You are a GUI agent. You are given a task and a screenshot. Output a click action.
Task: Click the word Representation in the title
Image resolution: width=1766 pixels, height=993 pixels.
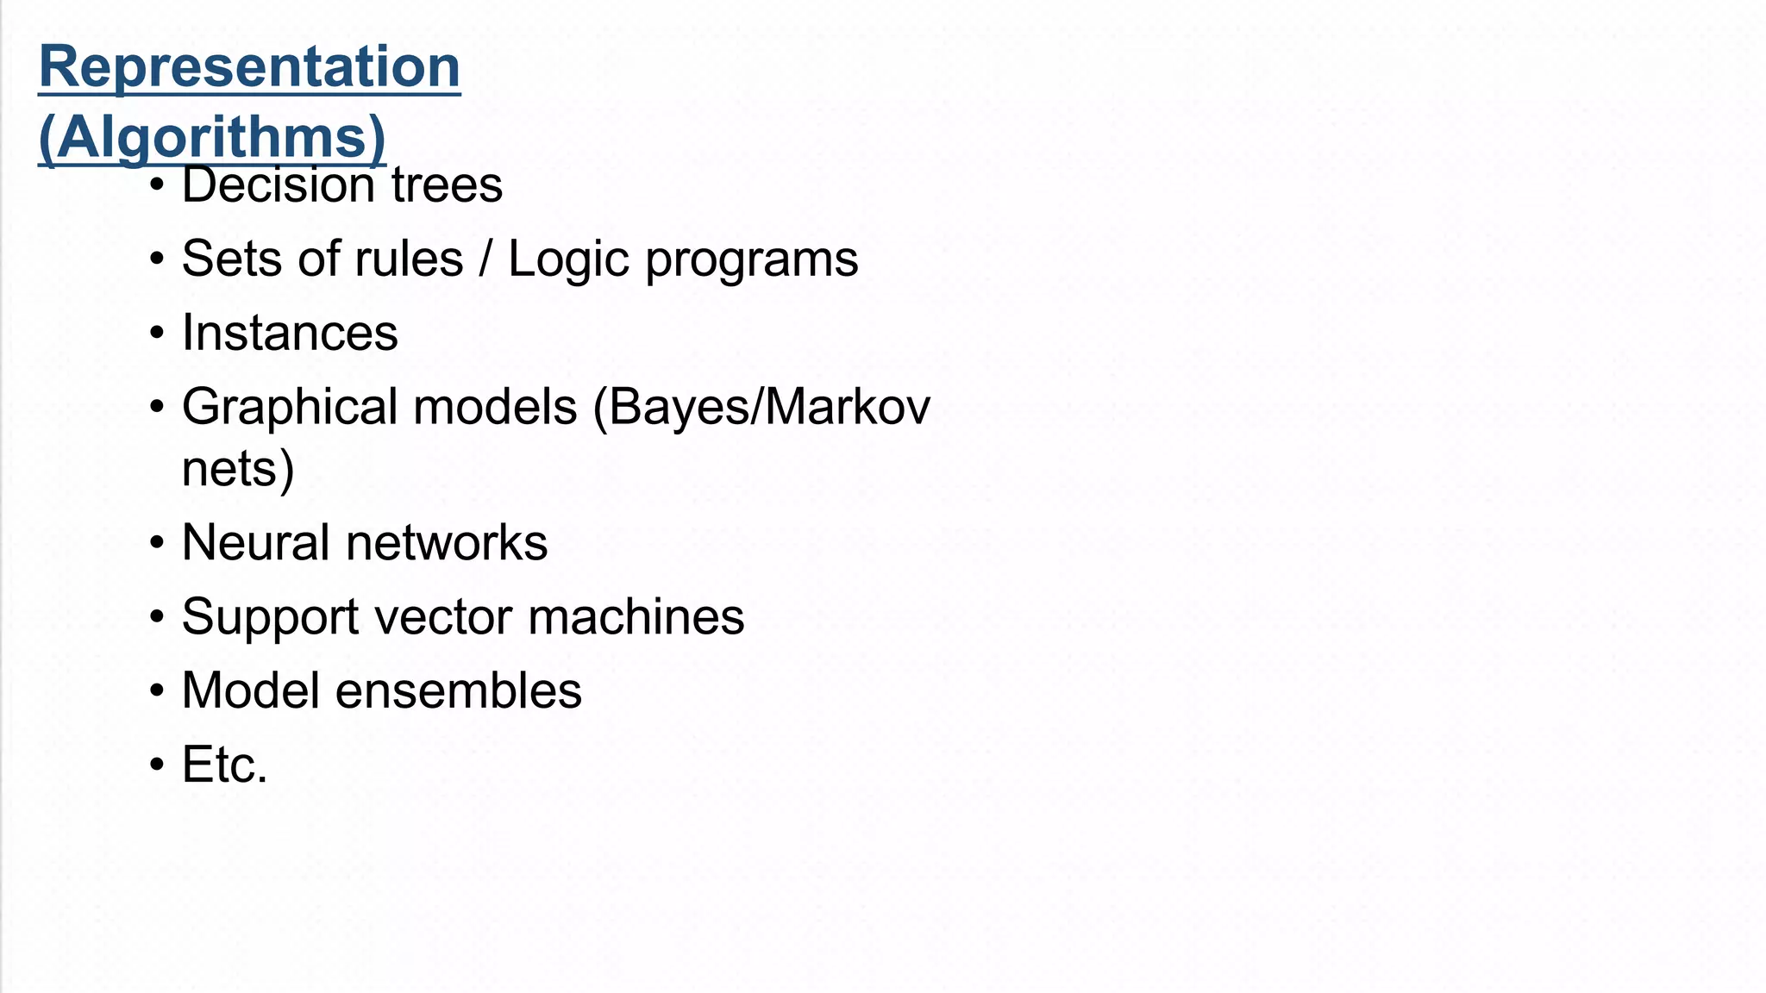249,67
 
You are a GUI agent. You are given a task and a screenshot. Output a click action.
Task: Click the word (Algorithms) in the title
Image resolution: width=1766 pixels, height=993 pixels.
212,138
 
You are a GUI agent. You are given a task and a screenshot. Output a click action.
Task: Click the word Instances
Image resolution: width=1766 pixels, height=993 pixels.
290,333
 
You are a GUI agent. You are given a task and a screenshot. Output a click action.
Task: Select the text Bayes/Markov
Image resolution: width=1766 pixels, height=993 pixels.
761,408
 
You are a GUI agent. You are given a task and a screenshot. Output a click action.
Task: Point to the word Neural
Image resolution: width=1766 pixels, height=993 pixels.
255,543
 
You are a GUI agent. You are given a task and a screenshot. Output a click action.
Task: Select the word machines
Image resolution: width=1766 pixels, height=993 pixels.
636,617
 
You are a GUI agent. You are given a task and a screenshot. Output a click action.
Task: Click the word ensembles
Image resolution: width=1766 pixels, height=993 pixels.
458,691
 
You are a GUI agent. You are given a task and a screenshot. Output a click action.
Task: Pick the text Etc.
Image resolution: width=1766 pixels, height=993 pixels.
224,765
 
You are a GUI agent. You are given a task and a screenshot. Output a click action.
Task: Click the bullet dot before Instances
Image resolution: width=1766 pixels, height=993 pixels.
156,334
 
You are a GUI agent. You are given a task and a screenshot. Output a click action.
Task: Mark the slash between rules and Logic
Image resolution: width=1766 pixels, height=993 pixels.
485,259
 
